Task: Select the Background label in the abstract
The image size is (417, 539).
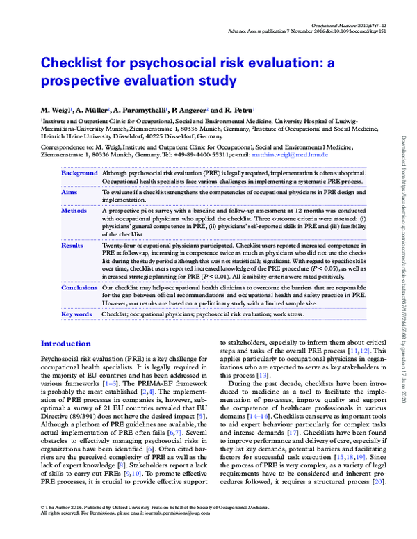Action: tap(79, 173)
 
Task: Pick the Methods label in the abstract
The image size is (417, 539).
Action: tap(74, 209)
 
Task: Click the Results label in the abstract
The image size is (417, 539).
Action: tap(72, 246)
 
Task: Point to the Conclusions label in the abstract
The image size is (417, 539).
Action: tap(79, 287)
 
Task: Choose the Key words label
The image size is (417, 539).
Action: tap(76, 314)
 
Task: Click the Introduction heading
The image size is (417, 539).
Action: tap(70, 344)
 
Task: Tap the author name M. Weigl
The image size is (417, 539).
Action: tap(55, 111)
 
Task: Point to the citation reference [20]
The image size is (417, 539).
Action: tap(379, 462)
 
